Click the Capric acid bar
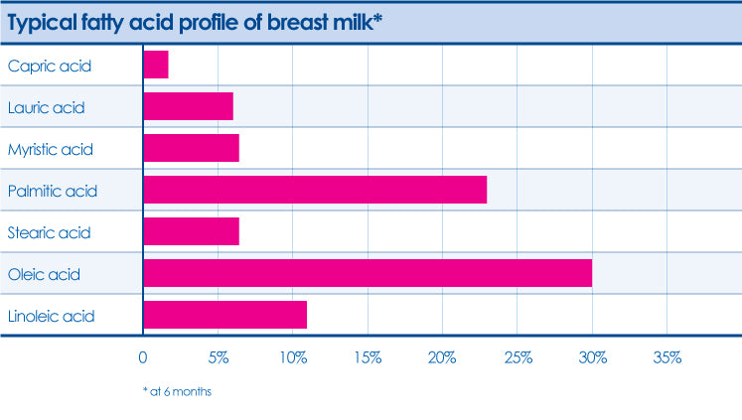(x=156, y=65)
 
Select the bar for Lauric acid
(x=189, y=106)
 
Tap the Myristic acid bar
(x=191, y=148)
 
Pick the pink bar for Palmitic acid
(x=315, y=190)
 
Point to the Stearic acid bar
(x=191, y=231)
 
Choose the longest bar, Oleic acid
(x=368, y=273)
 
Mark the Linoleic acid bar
(x=225, y=315)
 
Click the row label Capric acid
(x=50, y=67)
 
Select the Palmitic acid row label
(x=53, y=191)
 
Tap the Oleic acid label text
(x=44, y=274)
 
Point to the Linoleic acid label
(x=51, y=316)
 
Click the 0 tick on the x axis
(x=143, y=357)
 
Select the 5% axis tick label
(x=219, y=357)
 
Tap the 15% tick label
(x=368, y=357)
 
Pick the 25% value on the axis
(x=518, y=357)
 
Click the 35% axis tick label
(x=668, y=357)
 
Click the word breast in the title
(x=297, y=22)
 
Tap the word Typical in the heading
(x=42, y=23)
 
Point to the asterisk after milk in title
(x=378, y=18)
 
